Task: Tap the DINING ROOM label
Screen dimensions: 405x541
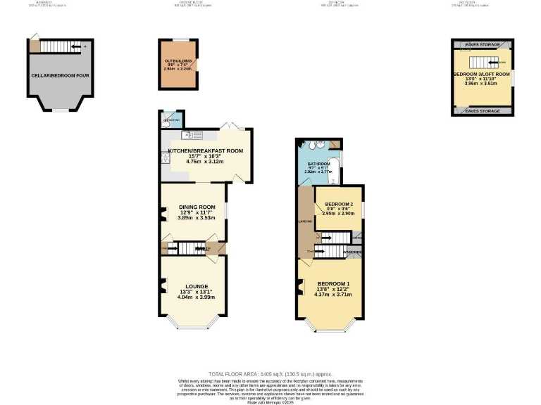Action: click(x=193, y=207)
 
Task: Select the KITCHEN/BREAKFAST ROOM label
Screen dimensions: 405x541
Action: click(x=205, y=150)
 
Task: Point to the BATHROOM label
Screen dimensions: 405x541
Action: click(x=318, y=164)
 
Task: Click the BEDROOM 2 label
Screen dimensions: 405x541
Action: click(x=339, y=204)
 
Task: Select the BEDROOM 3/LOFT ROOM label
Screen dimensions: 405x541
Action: click(x=481, y=74)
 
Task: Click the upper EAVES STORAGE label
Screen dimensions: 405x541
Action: click(x=482, y=45)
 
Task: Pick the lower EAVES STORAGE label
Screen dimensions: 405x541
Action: click(x=482, y=111)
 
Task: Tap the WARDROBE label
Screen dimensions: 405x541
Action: click(x=353, y=252)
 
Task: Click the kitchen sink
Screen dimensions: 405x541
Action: click(x=187, y=134)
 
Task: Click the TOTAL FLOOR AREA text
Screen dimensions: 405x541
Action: click(x=270, y=374)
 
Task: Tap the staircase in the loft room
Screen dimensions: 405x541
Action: click(x=481, y=60)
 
